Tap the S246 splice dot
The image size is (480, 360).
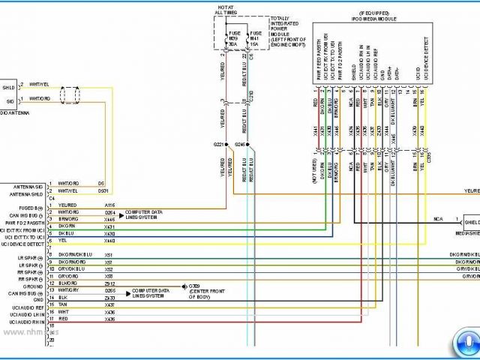click(x=247, y=145)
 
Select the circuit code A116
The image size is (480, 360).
click(x=109, y=205)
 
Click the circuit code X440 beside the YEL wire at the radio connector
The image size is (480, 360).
click(x=109, y=241)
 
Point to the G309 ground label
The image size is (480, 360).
click(x=194, y=286)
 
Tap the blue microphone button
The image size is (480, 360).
click(x=464, y=342)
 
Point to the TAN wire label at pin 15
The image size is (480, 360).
click(x=63, y=305)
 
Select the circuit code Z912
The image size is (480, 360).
click(x=109, y=284)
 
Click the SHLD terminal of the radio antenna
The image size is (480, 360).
click(x=8, y=87)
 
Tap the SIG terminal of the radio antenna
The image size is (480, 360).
click(x=10, y=100)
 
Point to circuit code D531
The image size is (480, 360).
click(x=104, y=190)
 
